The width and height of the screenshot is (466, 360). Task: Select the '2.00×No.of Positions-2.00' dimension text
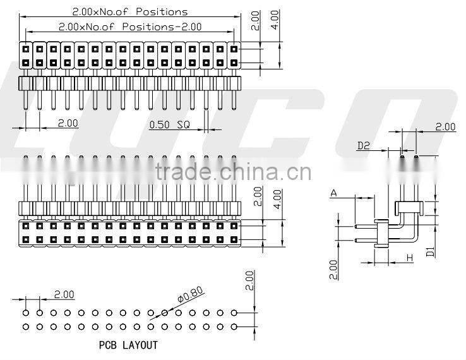[x=129, y=27]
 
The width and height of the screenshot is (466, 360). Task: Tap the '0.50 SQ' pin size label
[x=168, y=124]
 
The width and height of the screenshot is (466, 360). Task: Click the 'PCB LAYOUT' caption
[x=128, y=345]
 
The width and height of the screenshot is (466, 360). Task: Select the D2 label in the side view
[x=364, y=146]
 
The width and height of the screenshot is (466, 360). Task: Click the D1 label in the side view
[x=430, y=251]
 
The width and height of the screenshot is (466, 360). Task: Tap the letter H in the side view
[x=410, y=257]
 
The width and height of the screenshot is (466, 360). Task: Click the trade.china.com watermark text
[x=232, y=172]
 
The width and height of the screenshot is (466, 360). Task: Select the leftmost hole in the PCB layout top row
[x=26, y=313]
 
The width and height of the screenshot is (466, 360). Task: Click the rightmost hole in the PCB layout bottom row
[x=234, y=326]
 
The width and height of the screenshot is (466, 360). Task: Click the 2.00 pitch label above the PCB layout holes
[x=64, y=294]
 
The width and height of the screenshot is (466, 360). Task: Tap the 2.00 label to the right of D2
[x=445, y=127]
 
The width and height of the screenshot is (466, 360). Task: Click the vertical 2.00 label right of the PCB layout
[x=249, y=280]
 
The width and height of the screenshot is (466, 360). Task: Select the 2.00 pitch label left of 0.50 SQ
[x=68, y=123]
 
